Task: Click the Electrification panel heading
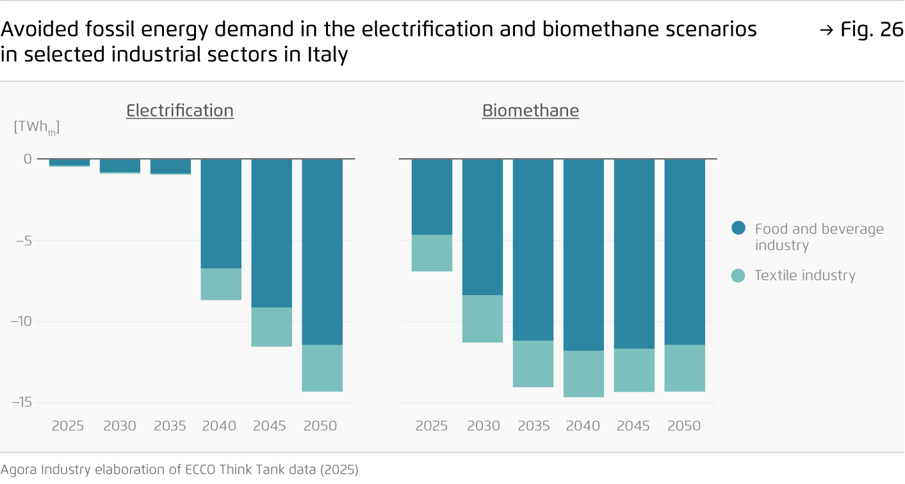click(179, 111)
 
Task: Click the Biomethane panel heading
click(530, 111)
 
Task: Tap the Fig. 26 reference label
click(861, 29)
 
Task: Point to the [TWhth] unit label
click(36, 127)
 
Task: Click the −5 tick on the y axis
click(23, 241)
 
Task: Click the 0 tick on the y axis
click(28, 159)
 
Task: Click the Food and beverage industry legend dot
click(738, 228)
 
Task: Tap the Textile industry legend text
click(804, 275)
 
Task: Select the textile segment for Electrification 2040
click(221, 284)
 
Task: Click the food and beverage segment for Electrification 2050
click(322, 251)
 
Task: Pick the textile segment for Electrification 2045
click(272, 327)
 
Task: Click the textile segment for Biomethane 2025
click(432, 253)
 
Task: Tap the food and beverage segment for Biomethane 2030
click(482, 227)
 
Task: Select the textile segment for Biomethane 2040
click(583, 373)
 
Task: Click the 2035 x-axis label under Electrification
click(170, 426)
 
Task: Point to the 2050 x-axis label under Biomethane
click(684, 426)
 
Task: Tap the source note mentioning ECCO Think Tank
click(179, 469)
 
